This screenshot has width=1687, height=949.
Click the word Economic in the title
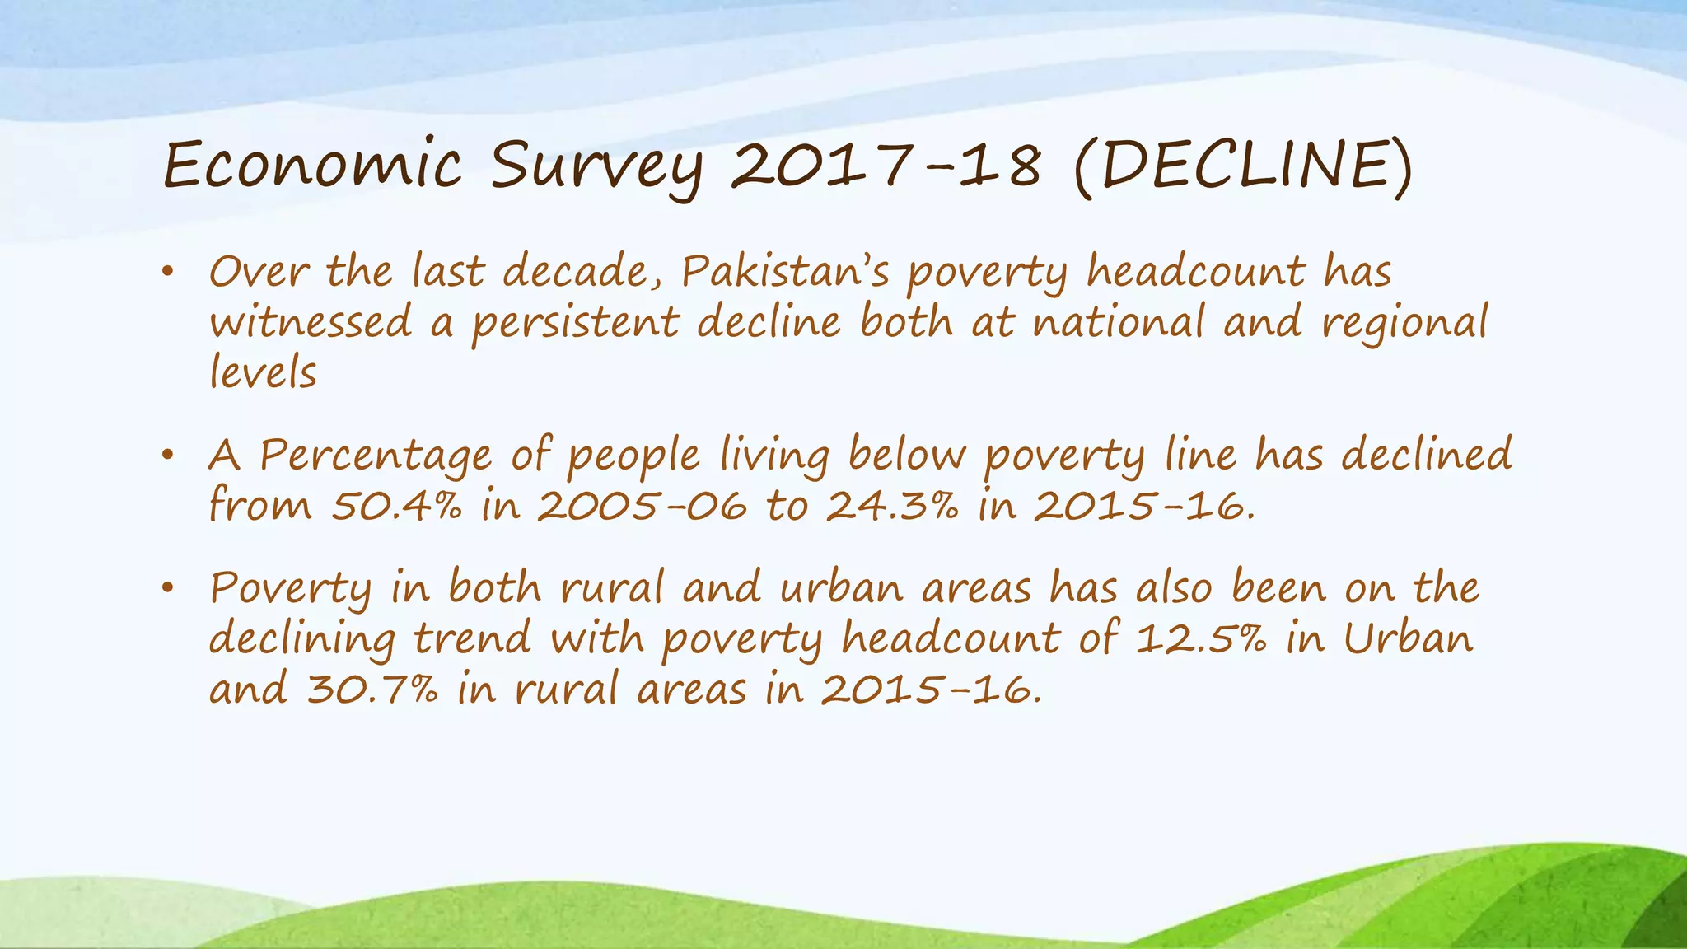(x=312, y=165)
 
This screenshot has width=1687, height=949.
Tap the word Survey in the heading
(x=597, y=167)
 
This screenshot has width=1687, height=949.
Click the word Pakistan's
(x=785, y=272)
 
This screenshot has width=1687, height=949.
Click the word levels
(x=263, y=372)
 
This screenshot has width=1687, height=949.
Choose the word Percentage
(x=376, y=456)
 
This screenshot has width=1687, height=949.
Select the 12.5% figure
(x=1200, y=639)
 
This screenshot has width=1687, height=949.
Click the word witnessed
(x=311, y=322)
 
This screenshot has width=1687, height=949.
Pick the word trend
(x=472, y=639)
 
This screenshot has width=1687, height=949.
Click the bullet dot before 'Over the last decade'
(x=167, y=271)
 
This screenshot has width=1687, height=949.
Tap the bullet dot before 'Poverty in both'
(x=167, y=587)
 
